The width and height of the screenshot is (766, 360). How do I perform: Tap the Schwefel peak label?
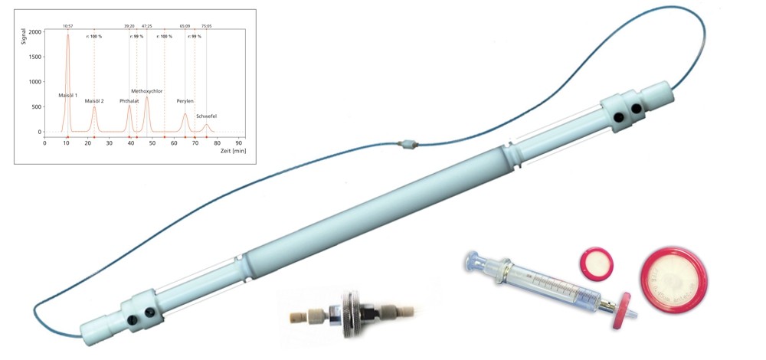[207, 116]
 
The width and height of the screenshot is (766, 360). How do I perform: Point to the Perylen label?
[185, 101]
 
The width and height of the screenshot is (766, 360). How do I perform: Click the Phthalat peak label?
[129, 101]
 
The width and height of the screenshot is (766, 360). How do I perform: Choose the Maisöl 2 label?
[94, 101]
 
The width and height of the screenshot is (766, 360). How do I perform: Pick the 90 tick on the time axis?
[240, 143]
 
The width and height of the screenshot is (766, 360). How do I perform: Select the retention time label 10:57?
[67, 25]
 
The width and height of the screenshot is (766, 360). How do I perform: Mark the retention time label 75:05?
[206, 25]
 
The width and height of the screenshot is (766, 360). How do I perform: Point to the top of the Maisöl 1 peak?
[67, 34]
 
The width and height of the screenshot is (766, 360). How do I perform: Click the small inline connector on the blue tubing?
[410, 143]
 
